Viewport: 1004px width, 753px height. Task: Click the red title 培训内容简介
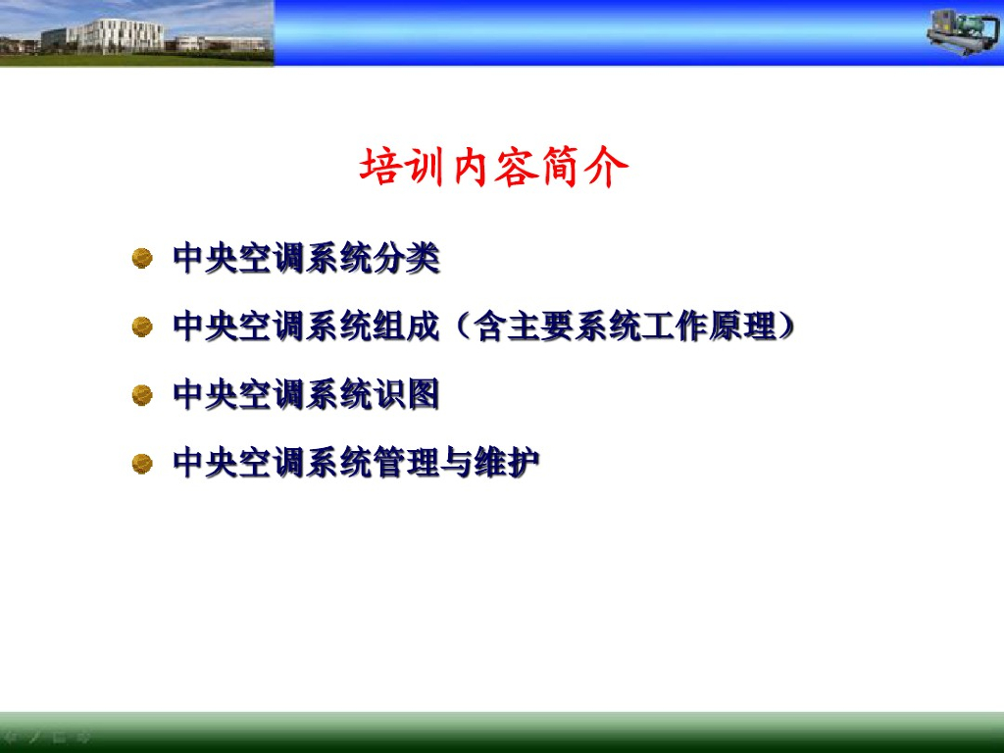(494, 167)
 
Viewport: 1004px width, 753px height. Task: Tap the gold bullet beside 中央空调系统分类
(142, 259)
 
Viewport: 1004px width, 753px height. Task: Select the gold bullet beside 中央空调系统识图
(142, 395)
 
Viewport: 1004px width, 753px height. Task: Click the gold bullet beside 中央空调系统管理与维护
(142, 464)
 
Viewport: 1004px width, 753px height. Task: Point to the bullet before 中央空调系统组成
(142, 326)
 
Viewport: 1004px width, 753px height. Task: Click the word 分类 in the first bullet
(407, 259)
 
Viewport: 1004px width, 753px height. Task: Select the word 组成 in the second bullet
(407, 326)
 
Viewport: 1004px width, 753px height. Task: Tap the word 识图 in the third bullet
(407, 394)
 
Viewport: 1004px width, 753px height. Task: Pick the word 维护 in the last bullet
(507, 463)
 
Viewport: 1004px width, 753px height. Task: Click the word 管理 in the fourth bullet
(407, 463)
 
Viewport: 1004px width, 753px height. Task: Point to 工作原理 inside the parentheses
(710, 326)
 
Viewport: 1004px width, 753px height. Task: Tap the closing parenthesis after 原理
(787, 326)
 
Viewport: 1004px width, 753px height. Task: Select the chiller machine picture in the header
(963, 32)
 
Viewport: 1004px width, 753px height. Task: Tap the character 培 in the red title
(380, 167)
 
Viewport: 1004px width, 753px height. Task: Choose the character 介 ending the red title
(607, 167)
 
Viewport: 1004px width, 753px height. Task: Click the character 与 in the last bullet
(457, 463)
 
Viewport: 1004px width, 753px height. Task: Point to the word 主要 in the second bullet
(540, 326)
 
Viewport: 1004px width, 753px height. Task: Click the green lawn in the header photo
(136, 60)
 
